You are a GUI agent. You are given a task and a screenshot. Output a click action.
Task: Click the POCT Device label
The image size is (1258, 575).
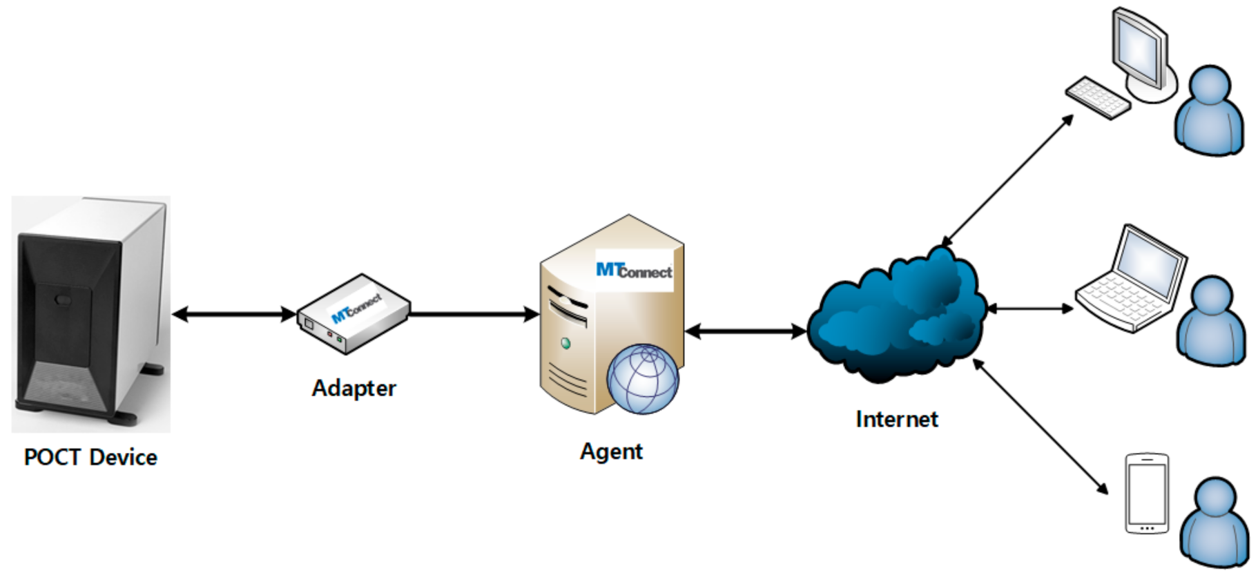click(x=90, y=457)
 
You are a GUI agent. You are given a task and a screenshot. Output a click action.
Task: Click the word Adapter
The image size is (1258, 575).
click(x=354, y=388)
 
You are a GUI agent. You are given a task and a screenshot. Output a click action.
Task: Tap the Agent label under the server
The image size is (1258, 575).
click(x=611, y=451)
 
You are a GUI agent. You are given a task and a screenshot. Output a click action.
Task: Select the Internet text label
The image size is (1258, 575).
click(x=896, y=419)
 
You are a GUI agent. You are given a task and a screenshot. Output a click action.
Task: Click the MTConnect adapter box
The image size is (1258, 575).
click(x=354, y=314)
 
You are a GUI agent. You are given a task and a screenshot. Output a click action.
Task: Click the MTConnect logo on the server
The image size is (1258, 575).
click(x=634, y=271)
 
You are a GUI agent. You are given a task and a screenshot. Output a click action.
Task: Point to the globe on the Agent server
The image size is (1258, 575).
click(x=643, y=379)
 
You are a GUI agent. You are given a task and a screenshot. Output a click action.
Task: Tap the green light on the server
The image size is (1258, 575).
click(x=566, y=343)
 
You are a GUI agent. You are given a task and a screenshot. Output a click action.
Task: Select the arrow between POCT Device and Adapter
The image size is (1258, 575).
click(x=233, y=315)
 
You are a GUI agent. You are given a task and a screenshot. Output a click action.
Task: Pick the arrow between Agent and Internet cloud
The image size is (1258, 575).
click(x=746, y=332)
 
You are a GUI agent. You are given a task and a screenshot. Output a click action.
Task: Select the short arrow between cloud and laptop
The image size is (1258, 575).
click(x=1031, y=309)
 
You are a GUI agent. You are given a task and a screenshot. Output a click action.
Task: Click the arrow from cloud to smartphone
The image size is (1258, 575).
click(x=1041, y=426)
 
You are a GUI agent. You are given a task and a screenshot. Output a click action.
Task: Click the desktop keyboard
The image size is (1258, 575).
click(x=1098, y=97)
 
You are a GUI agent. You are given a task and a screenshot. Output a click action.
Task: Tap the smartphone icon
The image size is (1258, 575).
click(x=1147, y=493)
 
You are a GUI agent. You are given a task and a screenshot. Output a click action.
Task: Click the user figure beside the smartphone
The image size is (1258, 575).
click(x=1215, y=523)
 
